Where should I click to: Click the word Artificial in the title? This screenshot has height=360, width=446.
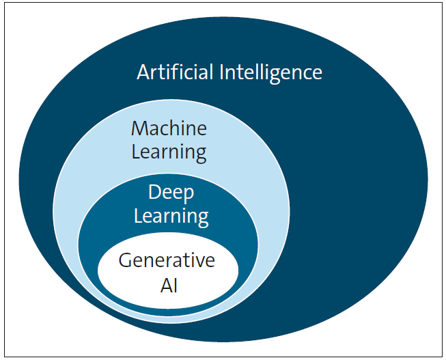coord(175,72)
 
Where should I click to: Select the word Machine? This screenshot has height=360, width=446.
coord(169,128)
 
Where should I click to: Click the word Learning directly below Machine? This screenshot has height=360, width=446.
coord(169,152)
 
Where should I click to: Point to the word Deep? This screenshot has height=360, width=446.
coord(171,193)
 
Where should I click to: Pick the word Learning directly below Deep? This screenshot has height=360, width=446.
coord(171,217)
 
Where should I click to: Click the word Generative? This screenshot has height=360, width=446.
coord(167,260)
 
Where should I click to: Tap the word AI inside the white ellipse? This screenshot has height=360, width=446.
coord(168,284)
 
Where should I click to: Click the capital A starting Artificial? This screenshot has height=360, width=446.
coord(143,72)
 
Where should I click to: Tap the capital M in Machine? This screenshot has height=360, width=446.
coord(139,128)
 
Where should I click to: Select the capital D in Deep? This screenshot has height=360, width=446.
coord(154,193)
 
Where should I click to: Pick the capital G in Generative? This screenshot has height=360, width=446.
coord(125,260)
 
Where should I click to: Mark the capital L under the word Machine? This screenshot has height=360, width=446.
coord(135,152)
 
